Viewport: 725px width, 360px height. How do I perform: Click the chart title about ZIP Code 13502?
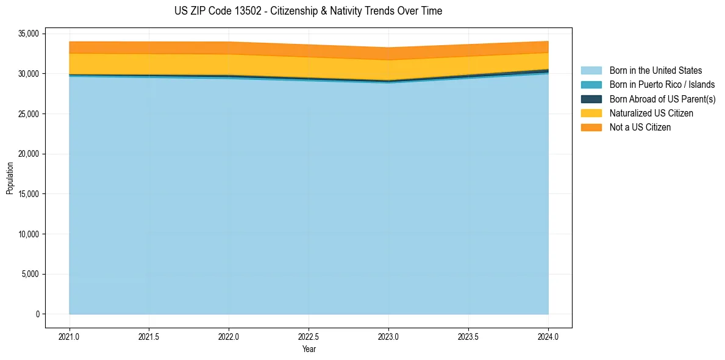click(308, 11)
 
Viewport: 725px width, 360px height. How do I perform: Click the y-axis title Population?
click(10, 178)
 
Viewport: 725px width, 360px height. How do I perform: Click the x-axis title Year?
click(309, 349)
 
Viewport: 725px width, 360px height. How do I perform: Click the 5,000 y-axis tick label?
click(29, 274)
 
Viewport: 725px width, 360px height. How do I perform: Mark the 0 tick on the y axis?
click(37, 314)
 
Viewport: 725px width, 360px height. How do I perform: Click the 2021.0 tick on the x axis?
click(70, 336)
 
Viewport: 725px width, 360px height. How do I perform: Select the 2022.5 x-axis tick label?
click(309, 336)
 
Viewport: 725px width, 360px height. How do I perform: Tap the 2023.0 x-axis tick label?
click(388, 336)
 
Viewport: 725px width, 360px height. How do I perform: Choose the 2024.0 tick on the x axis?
click(548, 336)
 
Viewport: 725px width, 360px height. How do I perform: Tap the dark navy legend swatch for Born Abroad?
click(591, 99)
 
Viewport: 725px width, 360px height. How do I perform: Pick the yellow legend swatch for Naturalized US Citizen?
click(591, 113)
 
